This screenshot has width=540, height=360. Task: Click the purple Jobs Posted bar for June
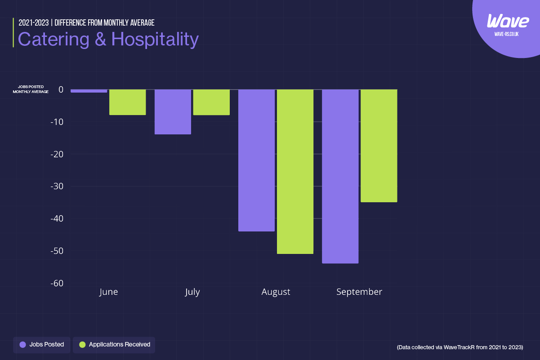pos(89,91)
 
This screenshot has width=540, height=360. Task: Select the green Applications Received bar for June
pos(128,102)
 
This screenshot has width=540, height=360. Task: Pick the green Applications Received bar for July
pos(211,102)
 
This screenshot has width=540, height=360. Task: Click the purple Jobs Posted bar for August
pos(256,160)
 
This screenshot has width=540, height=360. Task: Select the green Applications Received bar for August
pos(295,171)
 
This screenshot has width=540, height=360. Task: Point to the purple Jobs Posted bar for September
pos(340,176)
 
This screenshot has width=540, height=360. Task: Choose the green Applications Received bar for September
pos(379,146)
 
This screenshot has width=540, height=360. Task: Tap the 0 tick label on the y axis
pos(61,89)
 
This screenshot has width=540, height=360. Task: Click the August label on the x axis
pos(276,292)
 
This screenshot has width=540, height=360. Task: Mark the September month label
pos(359,292)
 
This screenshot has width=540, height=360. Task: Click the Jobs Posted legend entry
pos(42,345)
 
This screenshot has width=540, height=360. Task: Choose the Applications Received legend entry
pos(114,345)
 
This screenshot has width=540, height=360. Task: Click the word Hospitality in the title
pos(155,40)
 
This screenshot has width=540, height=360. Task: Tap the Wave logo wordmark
pos(508,21)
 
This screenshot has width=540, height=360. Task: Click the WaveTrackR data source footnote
pos(460,347)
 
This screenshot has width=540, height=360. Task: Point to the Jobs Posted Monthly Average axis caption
pos(31,89)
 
